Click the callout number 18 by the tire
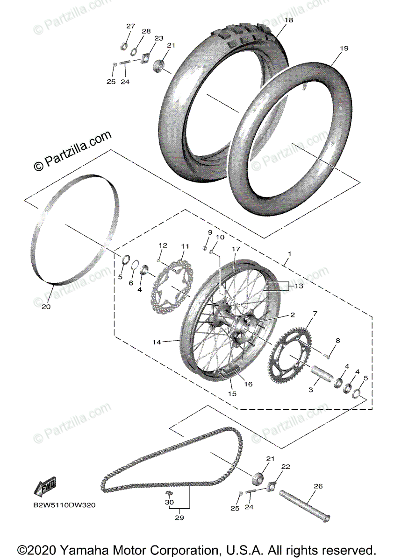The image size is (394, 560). point(288,20)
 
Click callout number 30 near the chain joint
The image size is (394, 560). point(169,502)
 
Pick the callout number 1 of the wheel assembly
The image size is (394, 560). point(290,254)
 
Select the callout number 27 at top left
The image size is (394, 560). point(130,26)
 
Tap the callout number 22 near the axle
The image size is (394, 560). point(286,466)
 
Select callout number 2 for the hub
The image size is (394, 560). point(292,315)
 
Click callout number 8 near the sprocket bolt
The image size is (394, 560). point(338,341)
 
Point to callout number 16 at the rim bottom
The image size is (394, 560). point(248,384)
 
